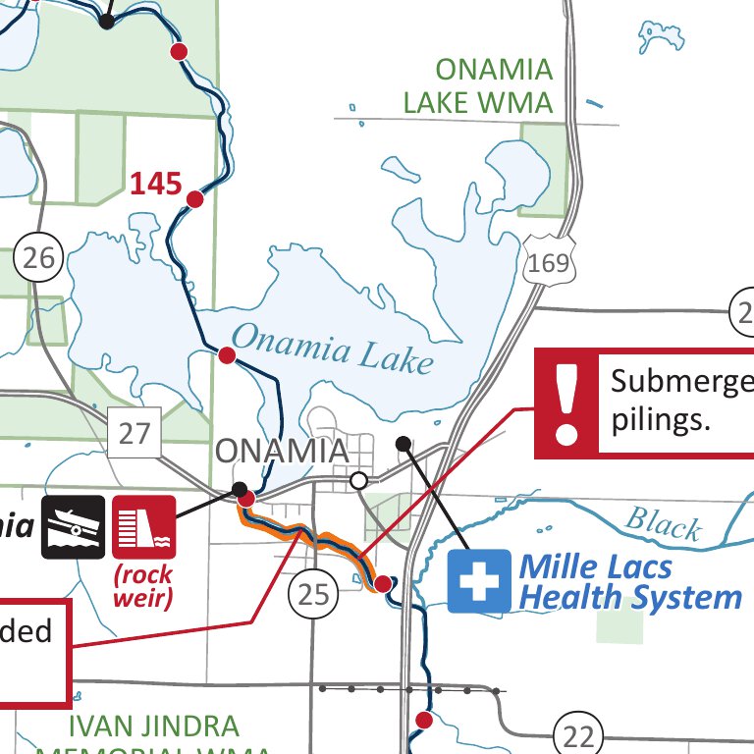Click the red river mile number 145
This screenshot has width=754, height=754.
[x=156, y=183]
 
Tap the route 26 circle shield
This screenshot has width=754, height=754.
[x=39, y=259]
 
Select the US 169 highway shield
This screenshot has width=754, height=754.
[x=547, y=261]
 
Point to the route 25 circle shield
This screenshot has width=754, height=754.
[x=313, y=593]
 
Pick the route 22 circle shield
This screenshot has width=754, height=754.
[x=577, y=733]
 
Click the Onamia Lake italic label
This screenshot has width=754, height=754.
[x=332, y=348]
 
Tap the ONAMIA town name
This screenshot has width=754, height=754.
[x=281, y=452]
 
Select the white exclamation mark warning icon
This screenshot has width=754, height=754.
[x=565, y=404]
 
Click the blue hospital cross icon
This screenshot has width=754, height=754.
[x=479, y=581]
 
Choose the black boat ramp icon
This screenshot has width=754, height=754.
[x=73, y=527]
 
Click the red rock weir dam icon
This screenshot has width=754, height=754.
[x=144, y=527]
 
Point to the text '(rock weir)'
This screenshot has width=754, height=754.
[x=144, y=586]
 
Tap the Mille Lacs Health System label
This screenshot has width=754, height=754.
[x=628, y=581]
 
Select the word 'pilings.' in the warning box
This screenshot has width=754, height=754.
[x=659, y=420]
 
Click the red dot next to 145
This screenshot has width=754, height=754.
[x=194, y=199]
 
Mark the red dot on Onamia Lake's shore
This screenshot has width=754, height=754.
[x=227, y=355]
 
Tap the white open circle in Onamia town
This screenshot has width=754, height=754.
[x=359, y=480]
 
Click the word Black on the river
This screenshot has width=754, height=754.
[x=664, y=523]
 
